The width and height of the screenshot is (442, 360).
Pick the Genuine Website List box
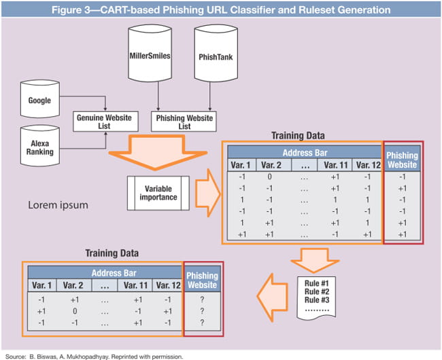[105, 122]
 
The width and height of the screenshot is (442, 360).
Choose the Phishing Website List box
[184, 122]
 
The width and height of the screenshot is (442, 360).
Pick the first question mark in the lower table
[203, 298]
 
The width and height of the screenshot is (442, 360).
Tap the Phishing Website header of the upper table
[403, 160]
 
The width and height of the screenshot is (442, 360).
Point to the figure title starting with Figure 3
[220, 10]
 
